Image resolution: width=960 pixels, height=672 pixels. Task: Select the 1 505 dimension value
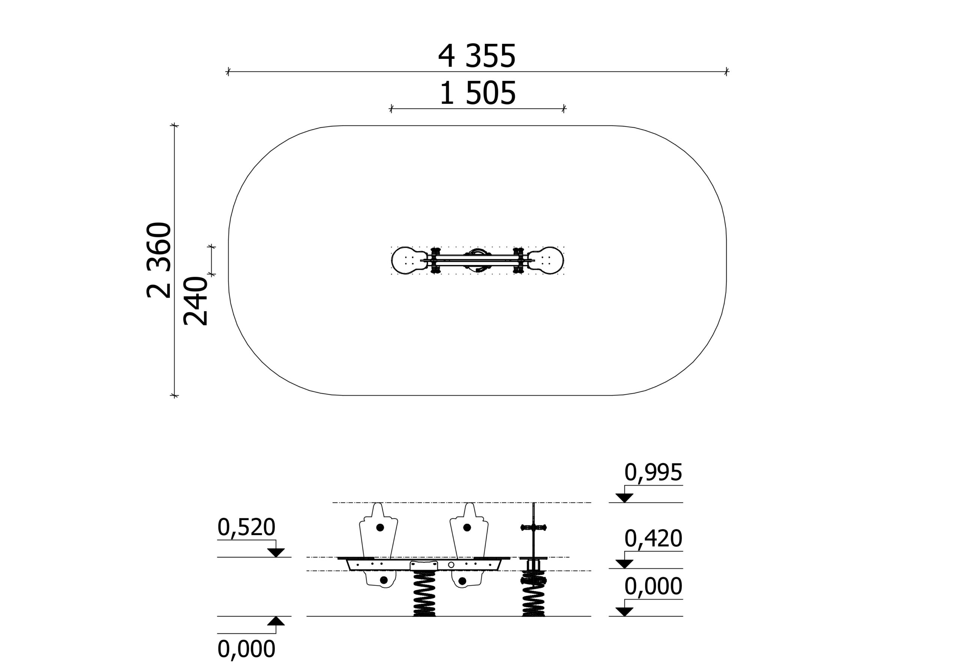(x=477, y=94)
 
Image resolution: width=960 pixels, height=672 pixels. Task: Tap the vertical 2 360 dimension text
(x=159, y=260)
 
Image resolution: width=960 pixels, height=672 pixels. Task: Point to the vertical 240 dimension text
(x=195, y=301)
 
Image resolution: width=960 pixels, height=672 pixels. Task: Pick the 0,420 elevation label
(x=653, y=539)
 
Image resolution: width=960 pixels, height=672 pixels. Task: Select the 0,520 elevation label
(x=246, y=527)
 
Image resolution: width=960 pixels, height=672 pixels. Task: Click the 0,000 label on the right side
(x=653, y=586)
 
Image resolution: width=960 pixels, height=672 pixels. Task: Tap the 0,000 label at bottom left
(x=246, y=650)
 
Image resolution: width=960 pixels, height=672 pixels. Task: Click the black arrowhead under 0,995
(x=624, y=498)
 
